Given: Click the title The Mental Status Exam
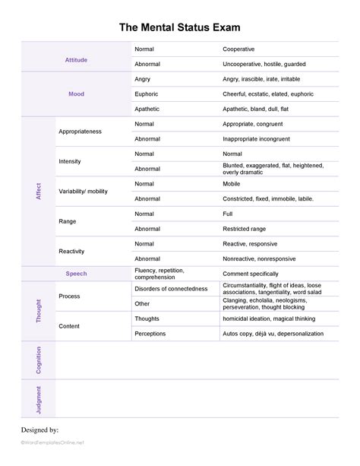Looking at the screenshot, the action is point(180,27).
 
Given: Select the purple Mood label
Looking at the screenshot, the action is point(77,94).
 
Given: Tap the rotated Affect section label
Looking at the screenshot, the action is point(38,191).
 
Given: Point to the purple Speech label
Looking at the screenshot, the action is point(77,273).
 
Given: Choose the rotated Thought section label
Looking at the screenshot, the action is point(38,310).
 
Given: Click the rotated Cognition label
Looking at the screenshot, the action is point(38,360).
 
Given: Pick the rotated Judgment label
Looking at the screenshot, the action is point(38,400).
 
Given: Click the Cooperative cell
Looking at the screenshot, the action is point(239,49).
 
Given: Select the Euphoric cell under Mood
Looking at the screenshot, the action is point(147,94).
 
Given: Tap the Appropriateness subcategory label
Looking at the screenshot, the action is point(80,132).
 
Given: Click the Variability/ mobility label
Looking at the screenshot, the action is point(83,191).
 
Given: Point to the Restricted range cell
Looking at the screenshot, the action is point(244,228).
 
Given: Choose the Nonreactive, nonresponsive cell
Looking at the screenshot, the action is point(260,258).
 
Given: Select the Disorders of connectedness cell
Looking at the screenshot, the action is point(170,288).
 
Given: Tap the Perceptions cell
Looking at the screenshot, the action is point(150,333).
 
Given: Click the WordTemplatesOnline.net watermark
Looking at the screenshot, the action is point(53,442).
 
